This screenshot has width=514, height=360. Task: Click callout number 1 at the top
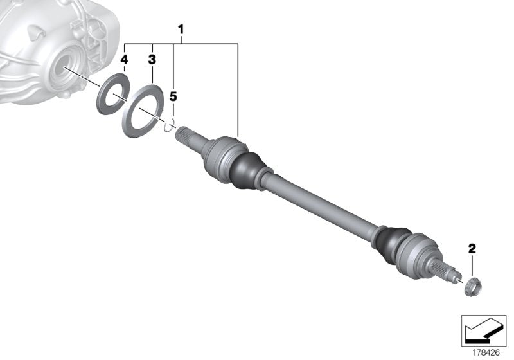click(181, 29)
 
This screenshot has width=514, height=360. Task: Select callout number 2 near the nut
click(472, 248)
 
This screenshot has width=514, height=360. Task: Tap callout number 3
click(152, 60)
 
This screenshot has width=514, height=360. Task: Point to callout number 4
click(124, 60)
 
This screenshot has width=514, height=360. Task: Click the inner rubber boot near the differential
click(247, 170)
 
